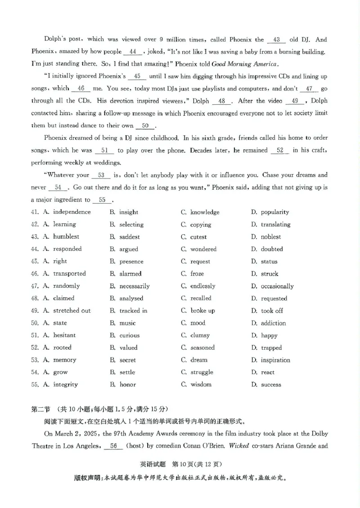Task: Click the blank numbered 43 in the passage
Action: pos(276,40)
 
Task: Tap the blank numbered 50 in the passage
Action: pos(145,126)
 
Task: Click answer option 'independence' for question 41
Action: pos(72,212)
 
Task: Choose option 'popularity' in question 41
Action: pos(274,212)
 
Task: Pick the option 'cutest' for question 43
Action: pos(198,237)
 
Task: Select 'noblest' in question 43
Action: pos(270,237)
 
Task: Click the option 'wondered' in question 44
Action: pos(203,249)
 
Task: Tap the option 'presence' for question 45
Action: pos(131,262)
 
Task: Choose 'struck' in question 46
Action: pos(270,274)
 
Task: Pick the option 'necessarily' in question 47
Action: pos(134,286)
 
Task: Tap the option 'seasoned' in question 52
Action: pos(202,348)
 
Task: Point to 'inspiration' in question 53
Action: pos(275,360)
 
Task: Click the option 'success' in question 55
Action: pos(271,385)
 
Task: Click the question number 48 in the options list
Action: pos(34,299)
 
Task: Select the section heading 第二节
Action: pos(40,409)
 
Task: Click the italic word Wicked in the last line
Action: pos(240,446)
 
